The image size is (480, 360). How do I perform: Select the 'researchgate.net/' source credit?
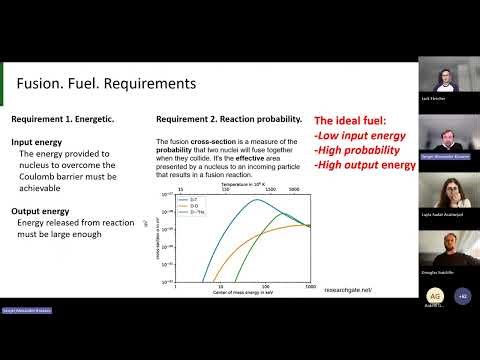[348, 290]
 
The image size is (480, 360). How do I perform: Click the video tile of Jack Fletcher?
[449, 87]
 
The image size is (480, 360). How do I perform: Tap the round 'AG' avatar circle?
[435, 297]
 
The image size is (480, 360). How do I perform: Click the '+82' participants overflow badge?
[461, 297]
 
